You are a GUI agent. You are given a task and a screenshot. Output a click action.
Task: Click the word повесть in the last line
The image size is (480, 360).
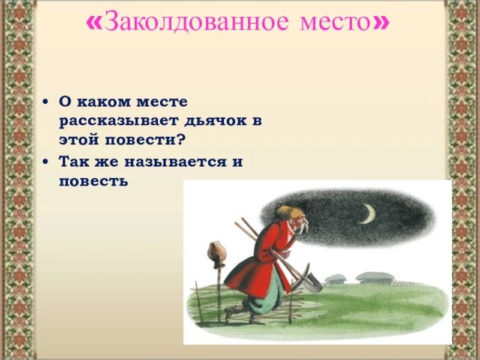pyautogui.click(x=94, y=181)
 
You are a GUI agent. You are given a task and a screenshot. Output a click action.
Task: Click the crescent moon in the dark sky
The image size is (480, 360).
pyautogui.click(x=367, y=214)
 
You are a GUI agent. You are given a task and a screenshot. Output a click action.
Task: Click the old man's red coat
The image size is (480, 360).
pyautogui.click(x=258, y=258)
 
